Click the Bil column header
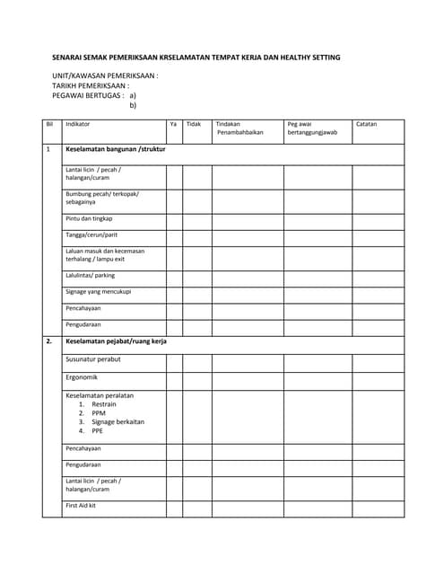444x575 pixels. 49,124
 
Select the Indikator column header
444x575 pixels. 78,124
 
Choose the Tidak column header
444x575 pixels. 193,124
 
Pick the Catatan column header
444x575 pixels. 367,124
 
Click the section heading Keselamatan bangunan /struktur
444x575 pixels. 115,149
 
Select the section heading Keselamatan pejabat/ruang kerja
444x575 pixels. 116,341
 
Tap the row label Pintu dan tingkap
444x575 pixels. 89,218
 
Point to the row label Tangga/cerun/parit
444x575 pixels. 91,234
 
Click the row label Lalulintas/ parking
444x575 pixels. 90,276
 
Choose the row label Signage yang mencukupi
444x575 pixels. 99,292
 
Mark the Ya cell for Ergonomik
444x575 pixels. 174,380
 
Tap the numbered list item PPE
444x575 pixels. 97,430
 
